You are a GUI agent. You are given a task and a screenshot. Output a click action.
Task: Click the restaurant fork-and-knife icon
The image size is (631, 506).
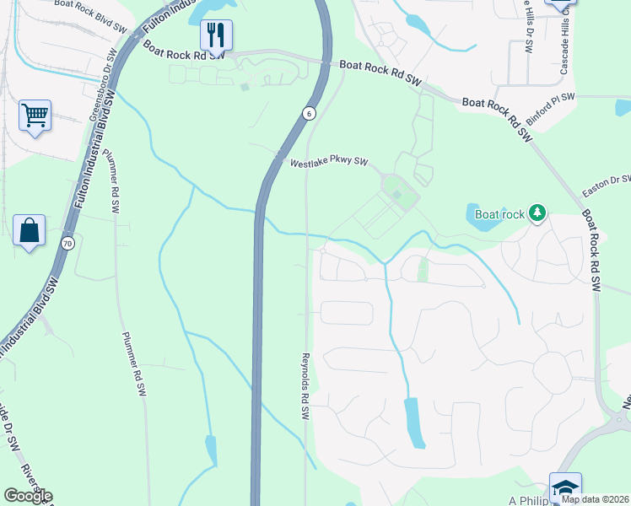[x=217, y=35]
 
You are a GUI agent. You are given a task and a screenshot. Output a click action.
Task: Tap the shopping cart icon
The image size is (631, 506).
[x=35, y=115]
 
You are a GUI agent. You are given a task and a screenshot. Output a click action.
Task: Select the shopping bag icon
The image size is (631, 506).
[x=29, y=229]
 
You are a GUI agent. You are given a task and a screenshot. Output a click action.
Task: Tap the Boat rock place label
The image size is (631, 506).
[x=499, y=214]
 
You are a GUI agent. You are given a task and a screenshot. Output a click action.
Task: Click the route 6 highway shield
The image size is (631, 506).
[x=310, y=113]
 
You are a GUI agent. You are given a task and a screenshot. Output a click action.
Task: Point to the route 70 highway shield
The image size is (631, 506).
[x=67, y=244]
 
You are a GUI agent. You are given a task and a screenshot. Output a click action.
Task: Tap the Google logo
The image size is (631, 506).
[x=28, y=496]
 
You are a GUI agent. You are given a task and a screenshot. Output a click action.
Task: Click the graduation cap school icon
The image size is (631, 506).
[x=564, y=487]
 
